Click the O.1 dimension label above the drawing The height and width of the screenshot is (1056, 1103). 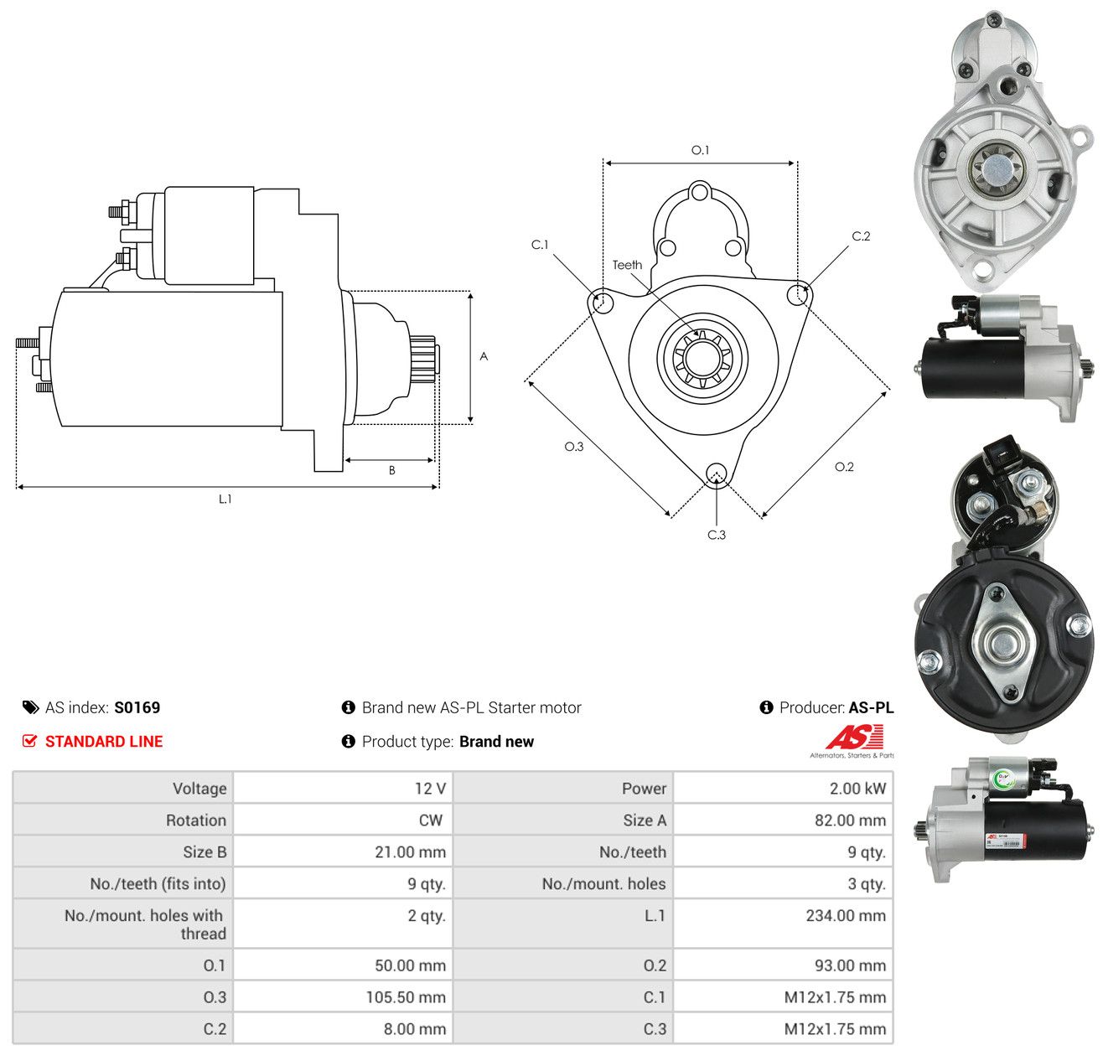700,150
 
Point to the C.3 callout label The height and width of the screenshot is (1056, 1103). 717,535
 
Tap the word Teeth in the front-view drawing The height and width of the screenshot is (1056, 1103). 627,265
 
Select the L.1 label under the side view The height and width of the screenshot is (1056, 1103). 225,499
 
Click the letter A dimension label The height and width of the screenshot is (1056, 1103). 484,356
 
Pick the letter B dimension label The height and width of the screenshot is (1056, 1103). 391,470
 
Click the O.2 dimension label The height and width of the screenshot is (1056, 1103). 844,467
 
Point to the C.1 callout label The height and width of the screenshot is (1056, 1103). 540,244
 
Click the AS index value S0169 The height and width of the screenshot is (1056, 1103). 137,707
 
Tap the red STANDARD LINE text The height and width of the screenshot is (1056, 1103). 104,742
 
